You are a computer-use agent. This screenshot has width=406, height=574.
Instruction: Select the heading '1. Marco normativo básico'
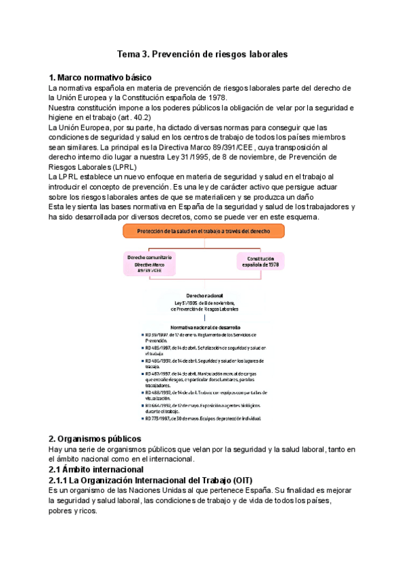pyautogui.click(x=100, y=77)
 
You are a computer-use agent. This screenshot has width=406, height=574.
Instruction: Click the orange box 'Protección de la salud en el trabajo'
pyautogui.click(x=202, y=231)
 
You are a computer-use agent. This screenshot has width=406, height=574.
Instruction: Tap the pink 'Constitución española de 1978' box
pyautogui.click(x=260, y=263)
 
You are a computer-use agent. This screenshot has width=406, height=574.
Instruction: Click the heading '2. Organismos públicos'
pyautogui.click(x=95, y=439)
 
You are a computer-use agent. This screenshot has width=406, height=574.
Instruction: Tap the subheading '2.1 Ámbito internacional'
pyautogui.click(x=96, y=469)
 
